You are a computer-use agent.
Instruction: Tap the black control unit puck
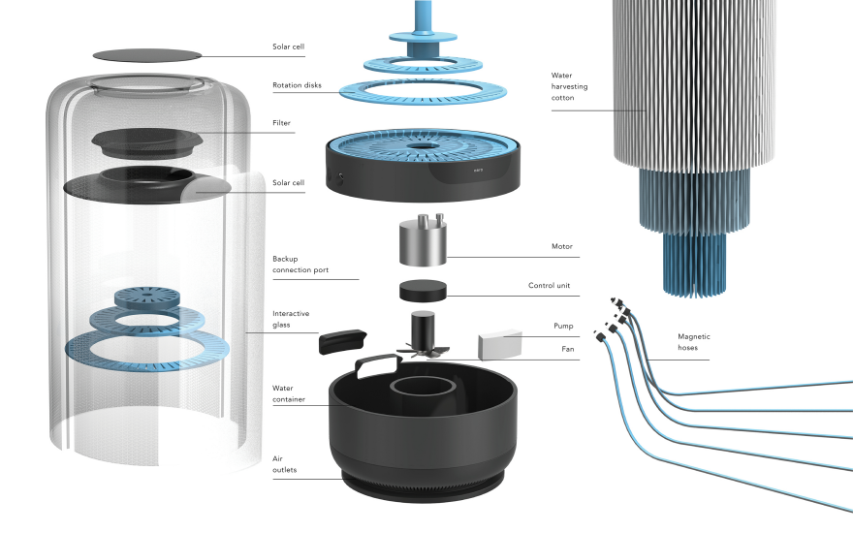point(423,290)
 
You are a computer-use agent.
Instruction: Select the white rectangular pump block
point(500,344)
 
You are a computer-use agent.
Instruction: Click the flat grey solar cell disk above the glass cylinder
point(146,55)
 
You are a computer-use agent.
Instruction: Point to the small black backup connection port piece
point(344,340)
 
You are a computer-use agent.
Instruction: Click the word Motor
point(563,246)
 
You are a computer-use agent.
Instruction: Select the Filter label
point(282,123)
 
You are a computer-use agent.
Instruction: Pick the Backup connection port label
point(300,266)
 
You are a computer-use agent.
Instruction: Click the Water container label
point(292,393)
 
